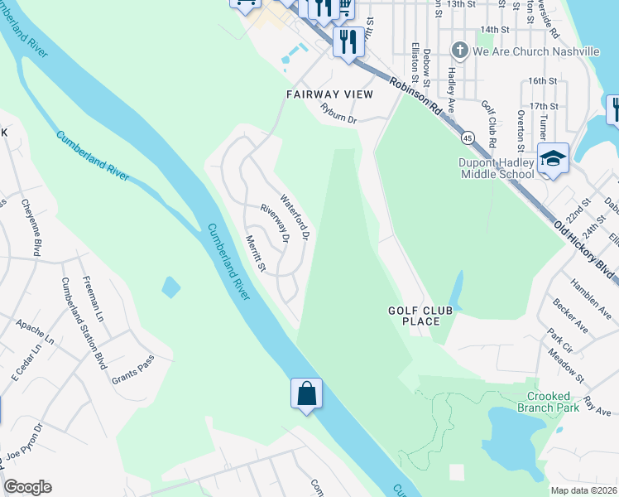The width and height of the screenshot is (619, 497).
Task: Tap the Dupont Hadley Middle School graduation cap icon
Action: point(553,157)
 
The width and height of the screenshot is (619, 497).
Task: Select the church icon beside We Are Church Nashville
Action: point(462,51)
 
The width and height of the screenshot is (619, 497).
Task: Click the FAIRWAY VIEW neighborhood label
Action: point(329,94)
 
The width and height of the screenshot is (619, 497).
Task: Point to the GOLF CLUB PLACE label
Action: point(415,316)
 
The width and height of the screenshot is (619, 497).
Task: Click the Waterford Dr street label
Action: point(294,217)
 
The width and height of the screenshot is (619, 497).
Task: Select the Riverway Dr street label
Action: point(274,224)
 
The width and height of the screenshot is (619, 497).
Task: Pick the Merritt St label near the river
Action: point(255,253)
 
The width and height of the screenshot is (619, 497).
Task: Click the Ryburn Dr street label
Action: point(338,113)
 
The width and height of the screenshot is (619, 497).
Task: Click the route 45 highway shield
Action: point(469,137)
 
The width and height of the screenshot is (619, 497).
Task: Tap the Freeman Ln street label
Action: point(93,300)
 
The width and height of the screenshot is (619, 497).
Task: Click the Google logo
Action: point(27,487)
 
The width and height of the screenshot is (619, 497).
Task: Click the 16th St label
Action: point(543,80)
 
